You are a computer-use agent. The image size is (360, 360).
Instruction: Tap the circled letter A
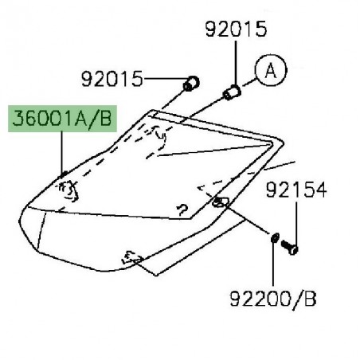[x=269, y=71]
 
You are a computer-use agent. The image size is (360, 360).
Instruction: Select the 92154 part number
[x=296, y=190]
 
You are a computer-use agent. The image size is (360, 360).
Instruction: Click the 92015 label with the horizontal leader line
[x=112, y=80]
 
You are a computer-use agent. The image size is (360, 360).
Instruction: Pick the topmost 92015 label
[x=236, y=31]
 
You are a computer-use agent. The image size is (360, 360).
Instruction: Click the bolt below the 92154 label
[x=292, y=248]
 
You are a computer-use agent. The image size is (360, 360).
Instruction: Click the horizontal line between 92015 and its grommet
[x=163, y=80]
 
